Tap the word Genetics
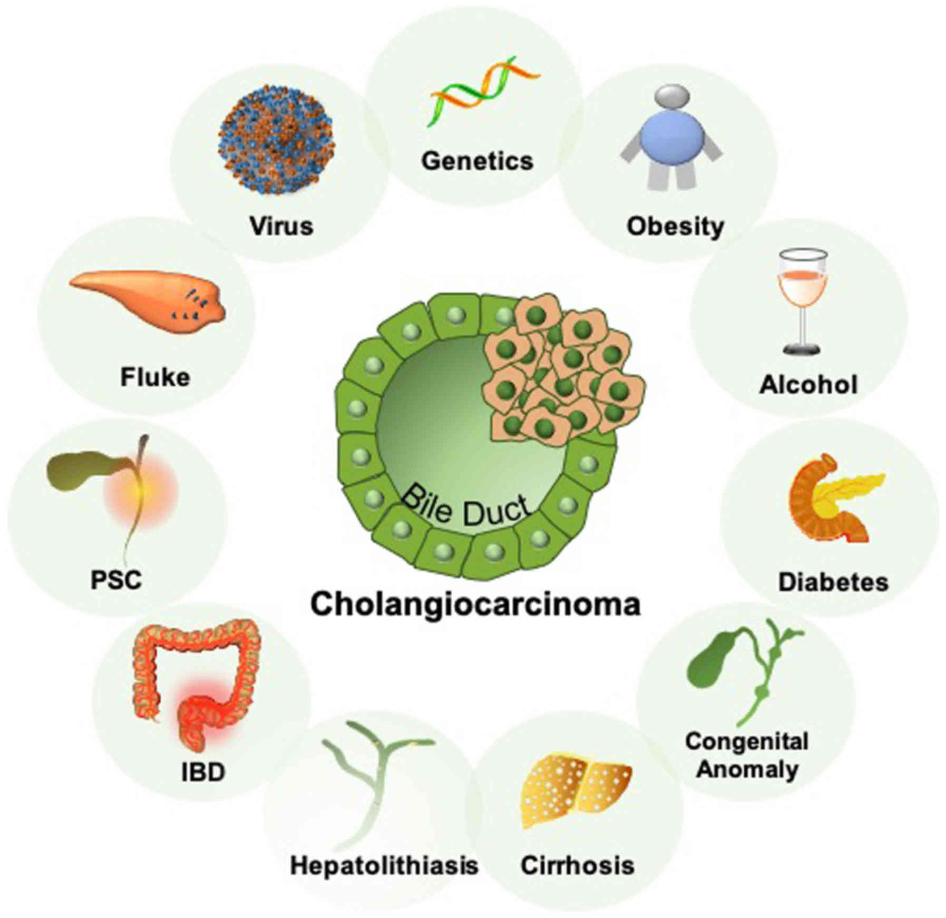(476, 161)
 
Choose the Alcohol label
(808, 385)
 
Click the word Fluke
(155, 377)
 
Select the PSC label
(116, 580)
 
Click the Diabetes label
(833, 582)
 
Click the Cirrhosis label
(577, 865)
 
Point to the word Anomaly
(747, 769)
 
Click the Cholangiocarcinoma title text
(475, 604)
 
